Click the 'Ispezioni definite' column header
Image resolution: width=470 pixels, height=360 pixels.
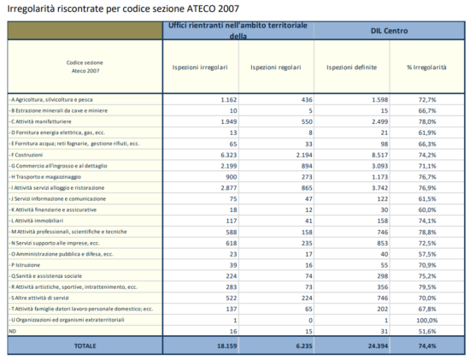point(351,67)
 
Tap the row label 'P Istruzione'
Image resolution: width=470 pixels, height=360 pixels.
point(30,264)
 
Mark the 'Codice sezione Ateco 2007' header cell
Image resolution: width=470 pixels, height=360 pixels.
point(85,67)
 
